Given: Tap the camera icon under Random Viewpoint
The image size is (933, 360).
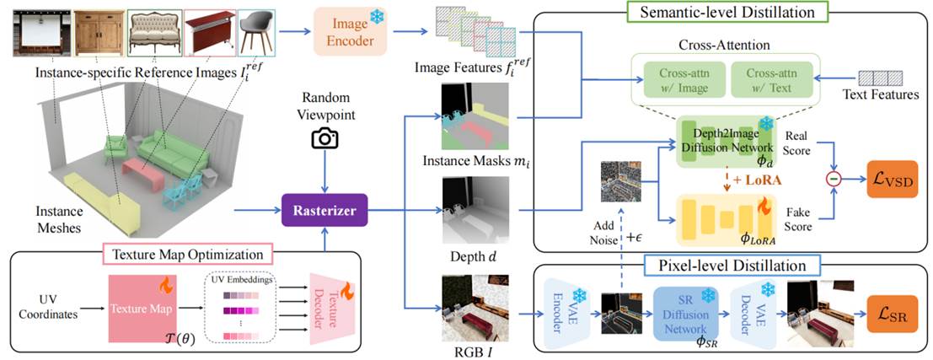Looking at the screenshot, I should click(324, 137).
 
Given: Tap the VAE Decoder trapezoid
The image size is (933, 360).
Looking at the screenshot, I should click(753, 311).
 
